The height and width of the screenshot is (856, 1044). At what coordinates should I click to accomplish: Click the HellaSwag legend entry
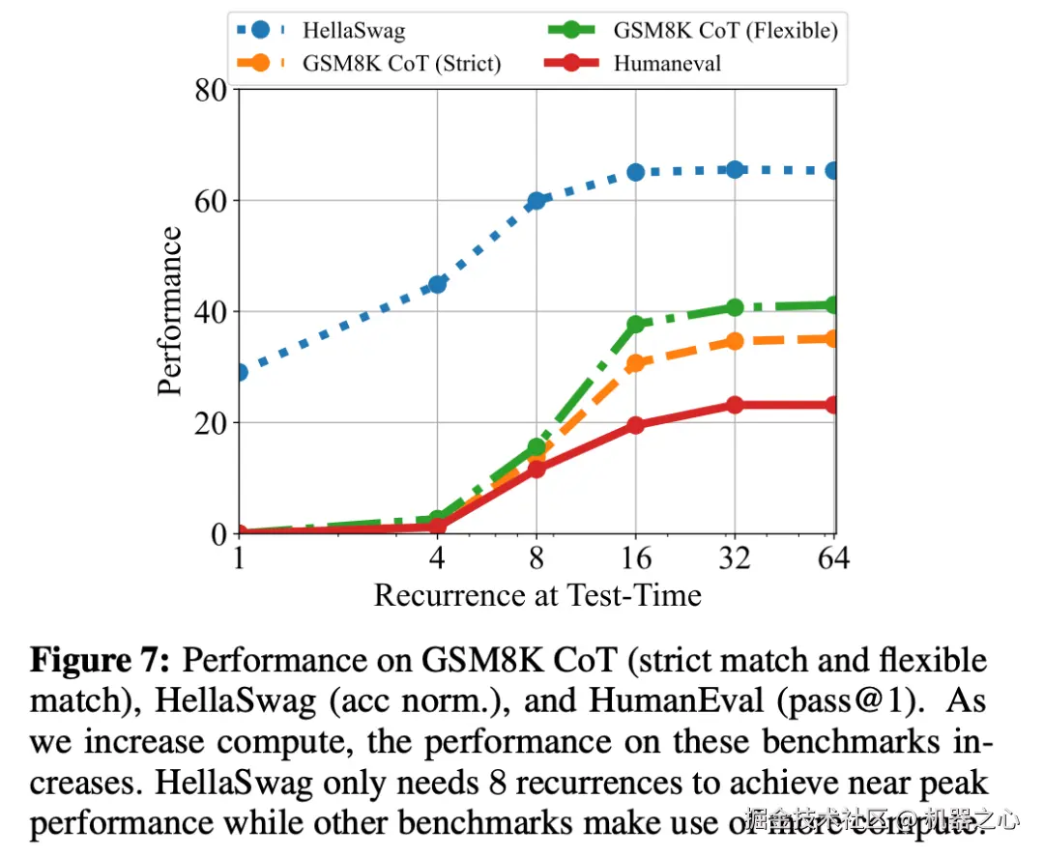[x=353, y=30]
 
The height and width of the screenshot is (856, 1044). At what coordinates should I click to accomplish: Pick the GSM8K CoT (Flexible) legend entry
[x=725, y=30]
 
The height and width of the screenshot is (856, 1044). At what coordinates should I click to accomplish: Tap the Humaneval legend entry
[x=667, y=64]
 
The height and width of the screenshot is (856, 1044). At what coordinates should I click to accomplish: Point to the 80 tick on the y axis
[x=210, y=91]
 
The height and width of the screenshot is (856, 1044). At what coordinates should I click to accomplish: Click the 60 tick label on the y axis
[x=210, y=201]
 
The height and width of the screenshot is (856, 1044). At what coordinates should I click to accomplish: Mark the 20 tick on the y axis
[x=210, y=423]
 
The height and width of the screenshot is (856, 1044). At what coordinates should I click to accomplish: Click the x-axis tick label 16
[x=636, y=558]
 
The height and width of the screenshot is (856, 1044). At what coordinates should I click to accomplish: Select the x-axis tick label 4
[x=437, y=558]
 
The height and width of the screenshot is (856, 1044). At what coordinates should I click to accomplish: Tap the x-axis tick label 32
[x=735, y=558]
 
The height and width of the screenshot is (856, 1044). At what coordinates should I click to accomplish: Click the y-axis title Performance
[x=169, y=311]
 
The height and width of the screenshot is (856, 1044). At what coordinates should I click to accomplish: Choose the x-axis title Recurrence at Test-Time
[x=537, y=594]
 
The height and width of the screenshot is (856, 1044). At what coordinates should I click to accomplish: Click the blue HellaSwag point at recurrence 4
[x=437, y=284]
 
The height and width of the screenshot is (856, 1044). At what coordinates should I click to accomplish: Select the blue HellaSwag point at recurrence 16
[x=636, y=172]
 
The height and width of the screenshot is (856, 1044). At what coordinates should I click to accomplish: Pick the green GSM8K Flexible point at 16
[x=636, y=325]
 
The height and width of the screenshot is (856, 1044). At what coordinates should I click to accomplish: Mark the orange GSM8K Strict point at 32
[x=735, y=341]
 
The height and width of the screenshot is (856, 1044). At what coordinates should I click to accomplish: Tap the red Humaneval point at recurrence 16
[x=636, y=425]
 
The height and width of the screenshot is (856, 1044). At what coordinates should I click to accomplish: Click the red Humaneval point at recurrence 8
[x=536, y=469]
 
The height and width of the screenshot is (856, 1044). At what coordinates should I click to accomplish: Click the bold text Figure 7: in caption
[x=101, y=662]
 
